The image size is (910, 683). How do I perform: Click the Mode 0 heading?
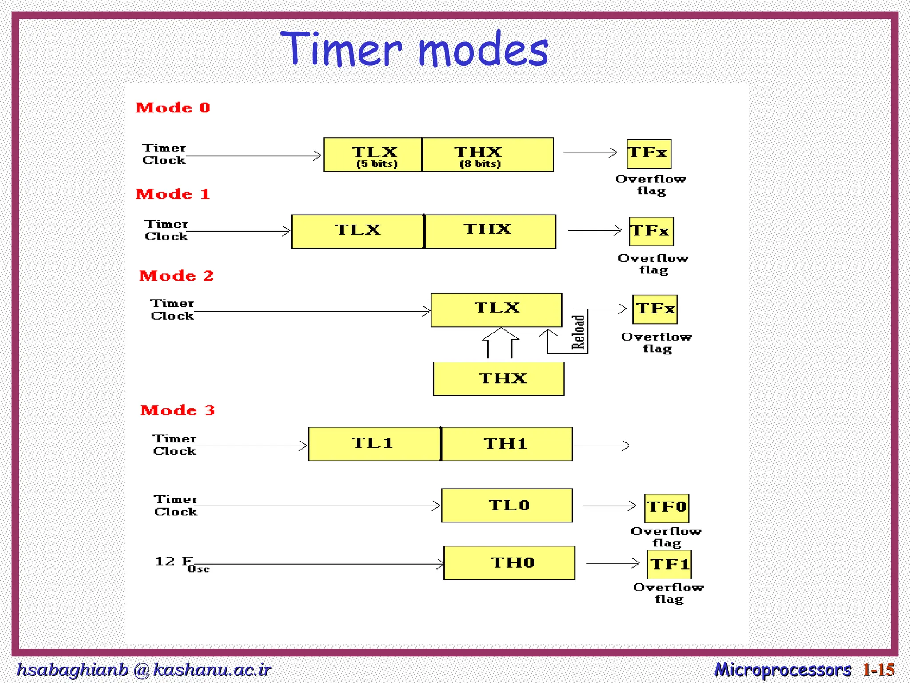172,108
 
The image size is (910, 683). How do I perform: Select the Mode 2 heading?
176,276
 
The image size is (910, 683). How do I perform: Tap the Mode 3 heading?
177,410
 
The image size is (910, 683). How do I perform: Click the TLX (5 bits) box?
373,155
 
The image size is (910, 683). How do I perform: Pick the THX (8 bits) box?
487,155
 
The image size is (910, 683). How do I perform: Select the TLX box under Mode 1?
358,231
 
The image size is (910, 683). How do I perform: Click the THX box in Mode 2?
499,378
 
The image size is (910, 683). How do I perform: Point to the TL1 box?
374,444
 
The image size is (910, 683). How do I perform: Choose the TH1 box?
507,444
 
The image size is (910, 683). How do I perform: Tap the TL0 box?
507,505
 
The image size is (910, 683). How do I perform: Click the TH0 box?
509,563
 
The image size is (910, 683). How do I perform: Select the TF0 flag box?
667,508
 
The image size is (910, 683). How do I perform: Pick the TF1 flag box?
669,564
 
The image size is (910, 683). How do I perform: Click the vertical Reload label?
578,332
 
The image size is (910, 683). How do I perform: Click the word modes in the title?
483,50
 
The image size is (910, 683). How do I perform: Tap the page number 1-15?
878,670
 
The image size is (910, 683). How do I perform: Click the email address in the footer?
144,670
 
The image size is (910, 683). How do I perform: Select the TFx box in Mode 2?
655,309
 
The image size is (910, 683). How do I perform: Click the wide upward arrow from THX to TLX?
500,343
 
